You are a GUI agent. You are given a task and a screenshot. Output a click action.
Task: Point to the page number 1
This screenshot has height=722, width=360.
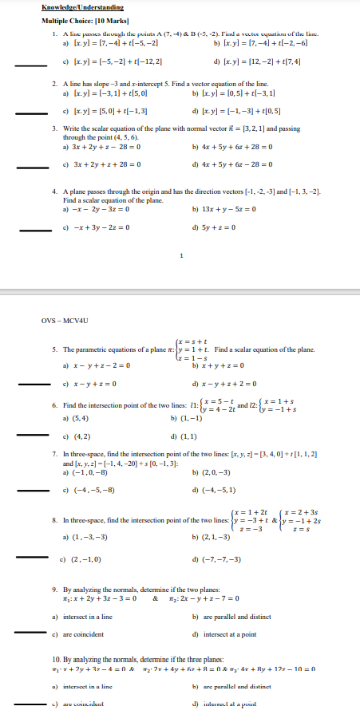(183, 255)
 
